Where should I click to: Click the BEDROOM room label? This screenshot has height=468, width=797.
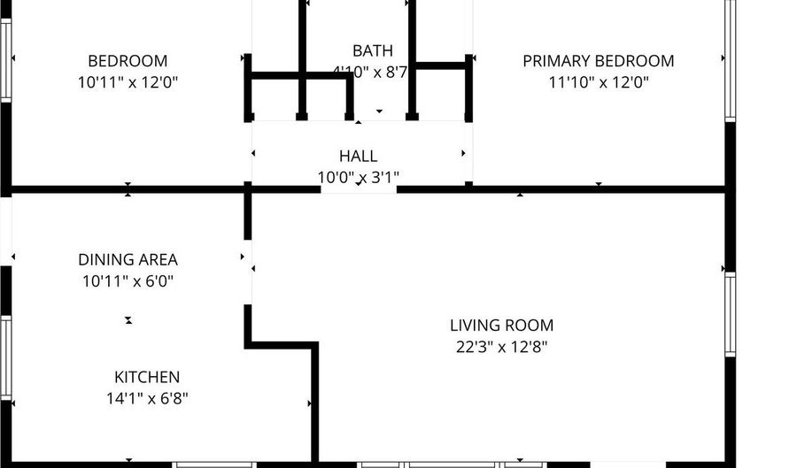(x=128, y=61)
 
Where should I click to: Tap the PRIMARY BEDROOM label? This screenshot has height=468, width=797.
(x=599, y=61)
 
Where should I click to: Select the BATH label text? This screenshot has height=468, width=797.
(x=373, y=50)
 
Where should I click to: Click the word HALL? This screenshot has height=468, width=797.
(x=359, y=156)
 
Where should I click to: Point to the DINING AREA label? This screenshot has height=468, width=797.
(x=128, y=260)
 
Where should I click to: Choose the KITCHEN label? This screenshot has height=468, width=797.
(x=147, y=377)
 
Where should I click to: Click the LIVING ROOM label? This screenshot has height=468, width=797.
(x=502, y=326)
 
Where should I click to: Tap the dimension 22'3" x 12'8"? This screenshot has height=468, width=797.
(x=502, y=347)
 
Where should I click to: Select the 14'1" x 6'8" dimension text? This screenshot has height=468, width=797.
(x=147, y=399)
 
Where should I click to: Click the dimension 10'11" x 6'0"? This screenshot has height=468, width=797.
(x=128, y=281)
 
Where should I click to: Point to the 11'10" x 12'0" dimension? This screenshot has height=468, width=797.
(x=599, y=82)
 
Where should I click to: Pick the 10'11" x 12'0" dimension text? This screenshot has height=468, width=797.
(x=128, y=82)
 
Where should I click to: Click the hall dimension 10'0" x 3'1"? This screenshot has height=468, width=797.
(x=359, y=178)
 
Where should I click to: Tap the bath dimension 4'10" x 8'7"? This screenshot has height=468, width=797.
(x=370, y=72)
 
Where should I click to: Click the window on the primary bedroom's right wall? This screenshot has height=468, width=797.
(x=730, y=59)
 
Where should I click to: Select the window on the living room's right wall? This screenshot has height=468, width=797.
(x=730, y=314)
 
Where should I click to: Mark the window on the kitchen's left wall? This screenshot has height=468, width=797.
(x=5, y=357)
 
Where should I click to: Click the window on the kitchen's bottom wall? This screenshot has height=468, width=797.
(x=214, y=464)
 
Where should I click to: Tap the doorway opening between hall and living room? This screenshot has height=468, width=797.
(x=359, y=190)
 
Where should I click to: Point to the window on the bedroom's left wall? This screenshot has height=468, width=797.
(x=5, y=60)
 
